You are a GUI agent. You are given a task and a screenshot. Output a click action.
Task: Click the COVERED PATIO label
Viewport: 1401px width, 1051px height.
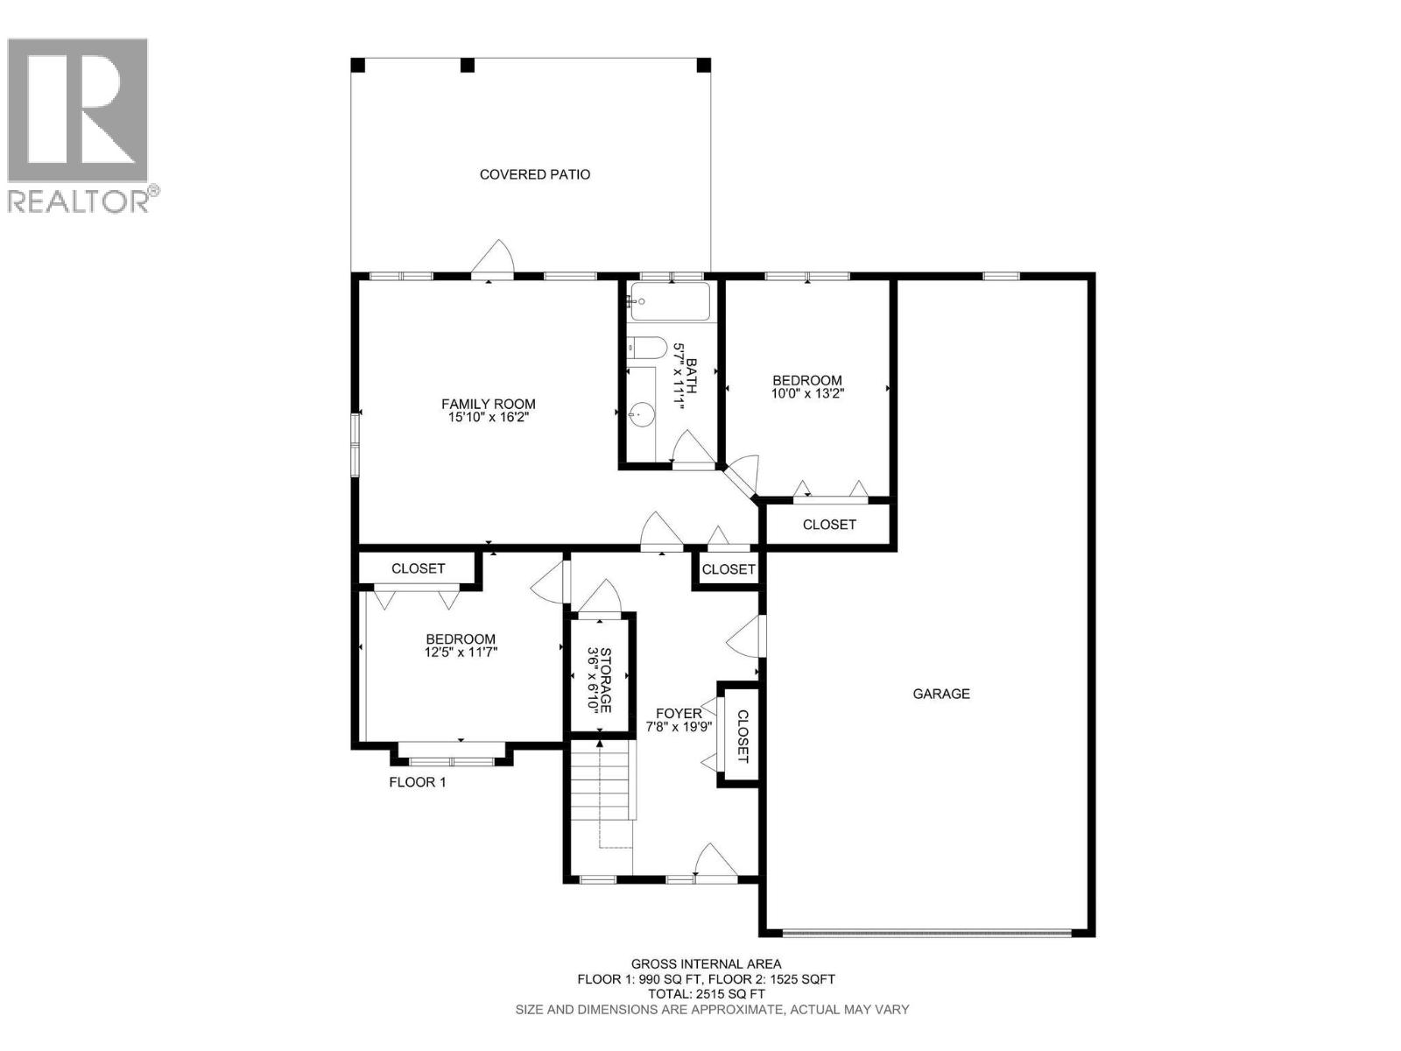[534, 174]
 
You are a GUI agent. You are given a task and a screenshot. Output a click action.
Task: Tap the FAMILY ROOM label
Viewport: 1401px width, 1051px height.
[488, 404]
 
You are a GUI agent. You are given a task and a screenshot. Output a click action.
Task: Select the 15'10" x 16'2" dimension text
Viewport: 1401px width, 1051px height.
[488, 418]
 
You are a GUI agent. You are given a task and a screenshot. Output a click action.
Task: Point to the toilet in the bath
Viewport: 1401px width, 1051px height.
[648, 348]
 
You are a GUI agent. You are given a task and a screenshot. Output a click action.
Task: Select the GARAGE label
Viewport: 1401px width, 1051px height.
[941, 694]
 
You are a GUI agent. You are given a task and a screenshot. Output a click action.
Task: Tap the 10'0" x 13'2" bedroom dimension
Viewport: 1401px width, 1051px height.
[806, 394]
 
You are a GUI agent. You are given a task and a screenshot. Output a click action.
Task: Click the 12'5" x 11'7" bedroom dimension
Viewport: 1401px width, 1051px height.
[461, 652]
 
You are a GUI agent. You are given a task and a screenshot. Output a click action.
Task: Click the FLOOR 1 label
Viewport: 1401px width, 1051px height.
[418, 782]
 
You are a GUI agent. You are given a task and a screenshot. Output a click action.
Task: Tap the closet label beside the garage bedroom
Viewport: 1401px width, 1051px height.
[829, 525]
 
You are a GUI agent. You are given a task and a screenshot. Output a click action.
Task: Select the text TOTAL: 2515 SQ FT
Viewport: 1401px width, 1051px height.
[706, 994]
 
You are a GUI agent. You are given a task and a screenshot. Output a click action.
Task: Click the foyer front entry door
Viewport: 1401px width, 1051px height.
[714, 863]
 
